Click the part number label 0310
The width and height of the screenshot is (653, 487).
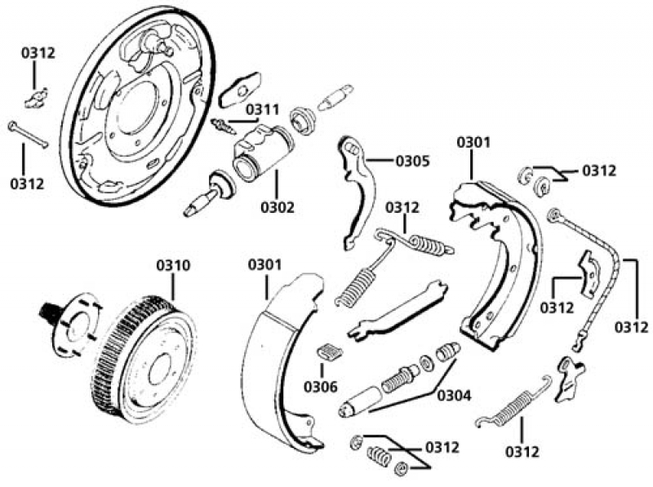coord(173,266)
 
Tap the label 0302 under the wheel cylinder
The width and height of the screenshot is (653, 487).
coord(278,207)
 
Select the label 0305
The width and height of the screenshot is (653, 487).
coord(412,161)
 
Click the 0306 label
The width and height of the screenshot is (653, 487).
coord(320,386)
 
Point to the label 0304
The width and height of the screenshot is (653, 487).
coord(454,396)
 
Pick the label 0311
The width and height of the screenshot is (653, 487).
coord(262,109)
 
